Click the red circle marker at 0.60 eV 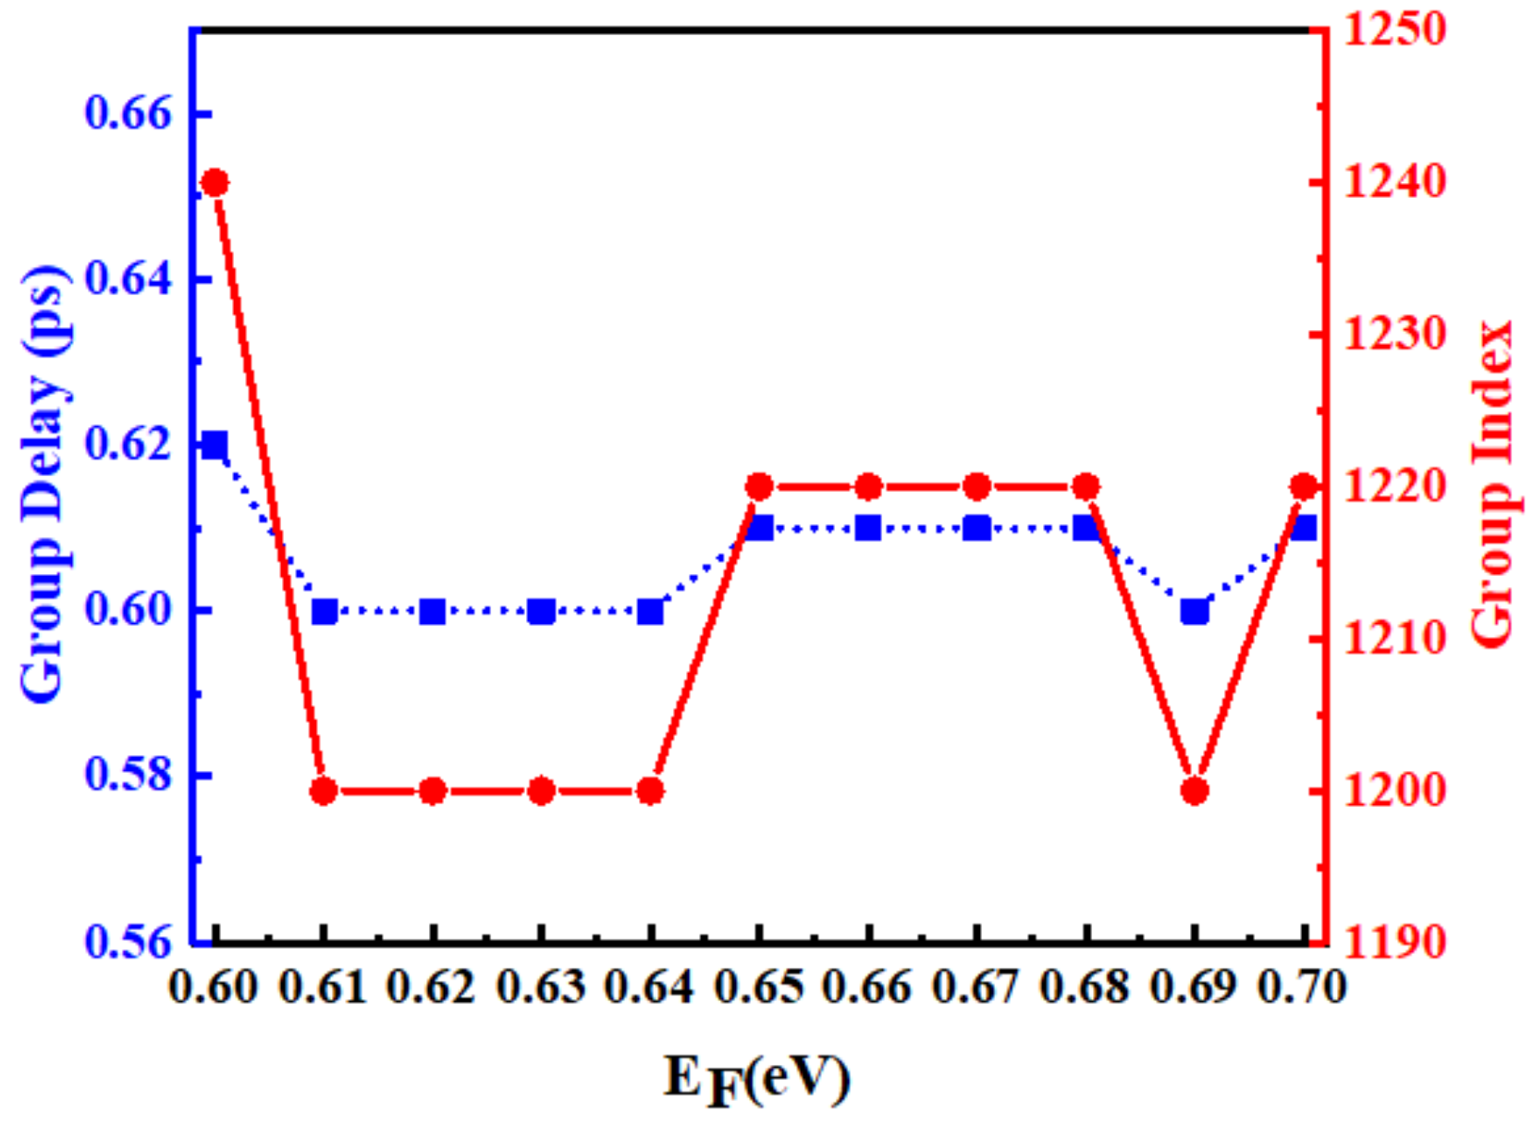click(x=215, y=183)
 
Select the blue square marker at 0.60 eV click(x=215, y=445)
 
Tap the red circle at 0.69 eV click(x=1195, y=791)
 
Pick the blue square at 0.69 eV click(x=1195, y=611)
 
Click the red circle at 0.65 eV click(x=759, y=487)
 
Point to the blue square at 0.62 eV click(x=433, y=611)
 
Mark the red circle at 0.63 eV click(x=542, y=791)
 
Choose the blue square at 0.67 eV click(x=977, y=528)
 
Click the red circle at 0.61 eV click(x=324, y=791)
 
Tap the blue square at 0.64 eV click(x=651, y=611)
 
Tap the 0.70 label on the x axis click(x=1302, y=988)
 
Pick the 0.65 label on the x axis click(x=759, y=988)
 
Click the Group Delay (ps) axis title click(x=43, y=485)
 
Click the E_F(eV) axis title click(x=756, y=1079)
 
